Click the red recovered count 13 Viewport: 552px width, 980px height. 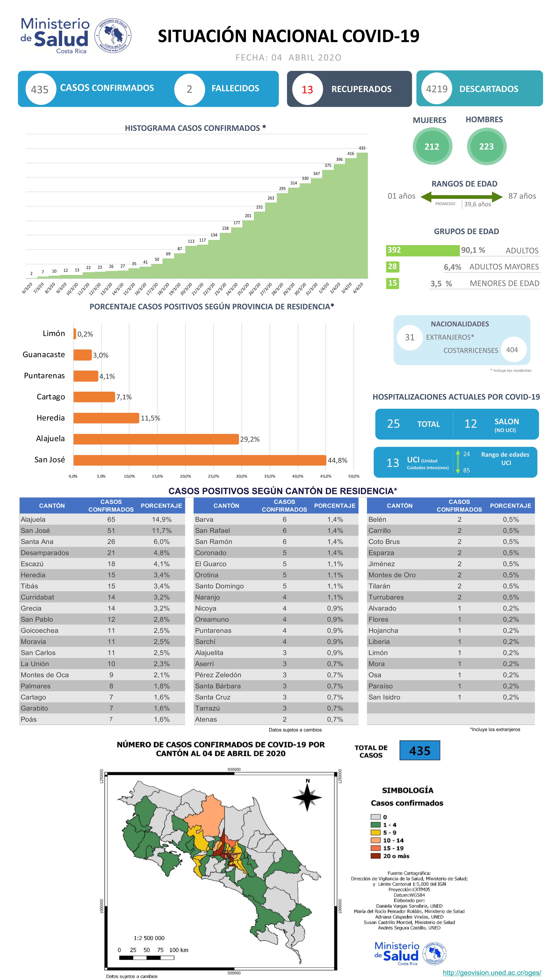pos(307,89)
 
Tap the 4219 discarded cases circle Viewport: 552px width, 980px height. pos(436,89)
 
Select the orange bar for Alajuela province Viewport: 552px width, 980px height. pos(156,439)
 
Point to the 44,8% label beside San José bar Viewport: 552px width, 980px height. pos(337,460)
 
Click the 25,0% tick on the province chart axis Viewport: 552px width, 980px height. pos(213,476)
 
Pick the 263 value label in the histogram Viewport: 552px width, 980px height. pos(271,198)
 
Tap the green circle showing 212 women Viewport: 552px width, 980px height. pos(432,147)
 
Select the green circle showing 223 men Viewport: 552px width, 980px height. pos(486,147)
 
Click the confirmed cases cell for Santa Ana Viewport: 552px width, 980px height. pos(111,541)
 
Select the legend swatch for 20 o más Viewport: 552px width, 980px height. pos(375,856)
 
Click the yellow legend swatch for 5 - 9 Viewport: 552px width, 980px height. pos(375,832)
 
